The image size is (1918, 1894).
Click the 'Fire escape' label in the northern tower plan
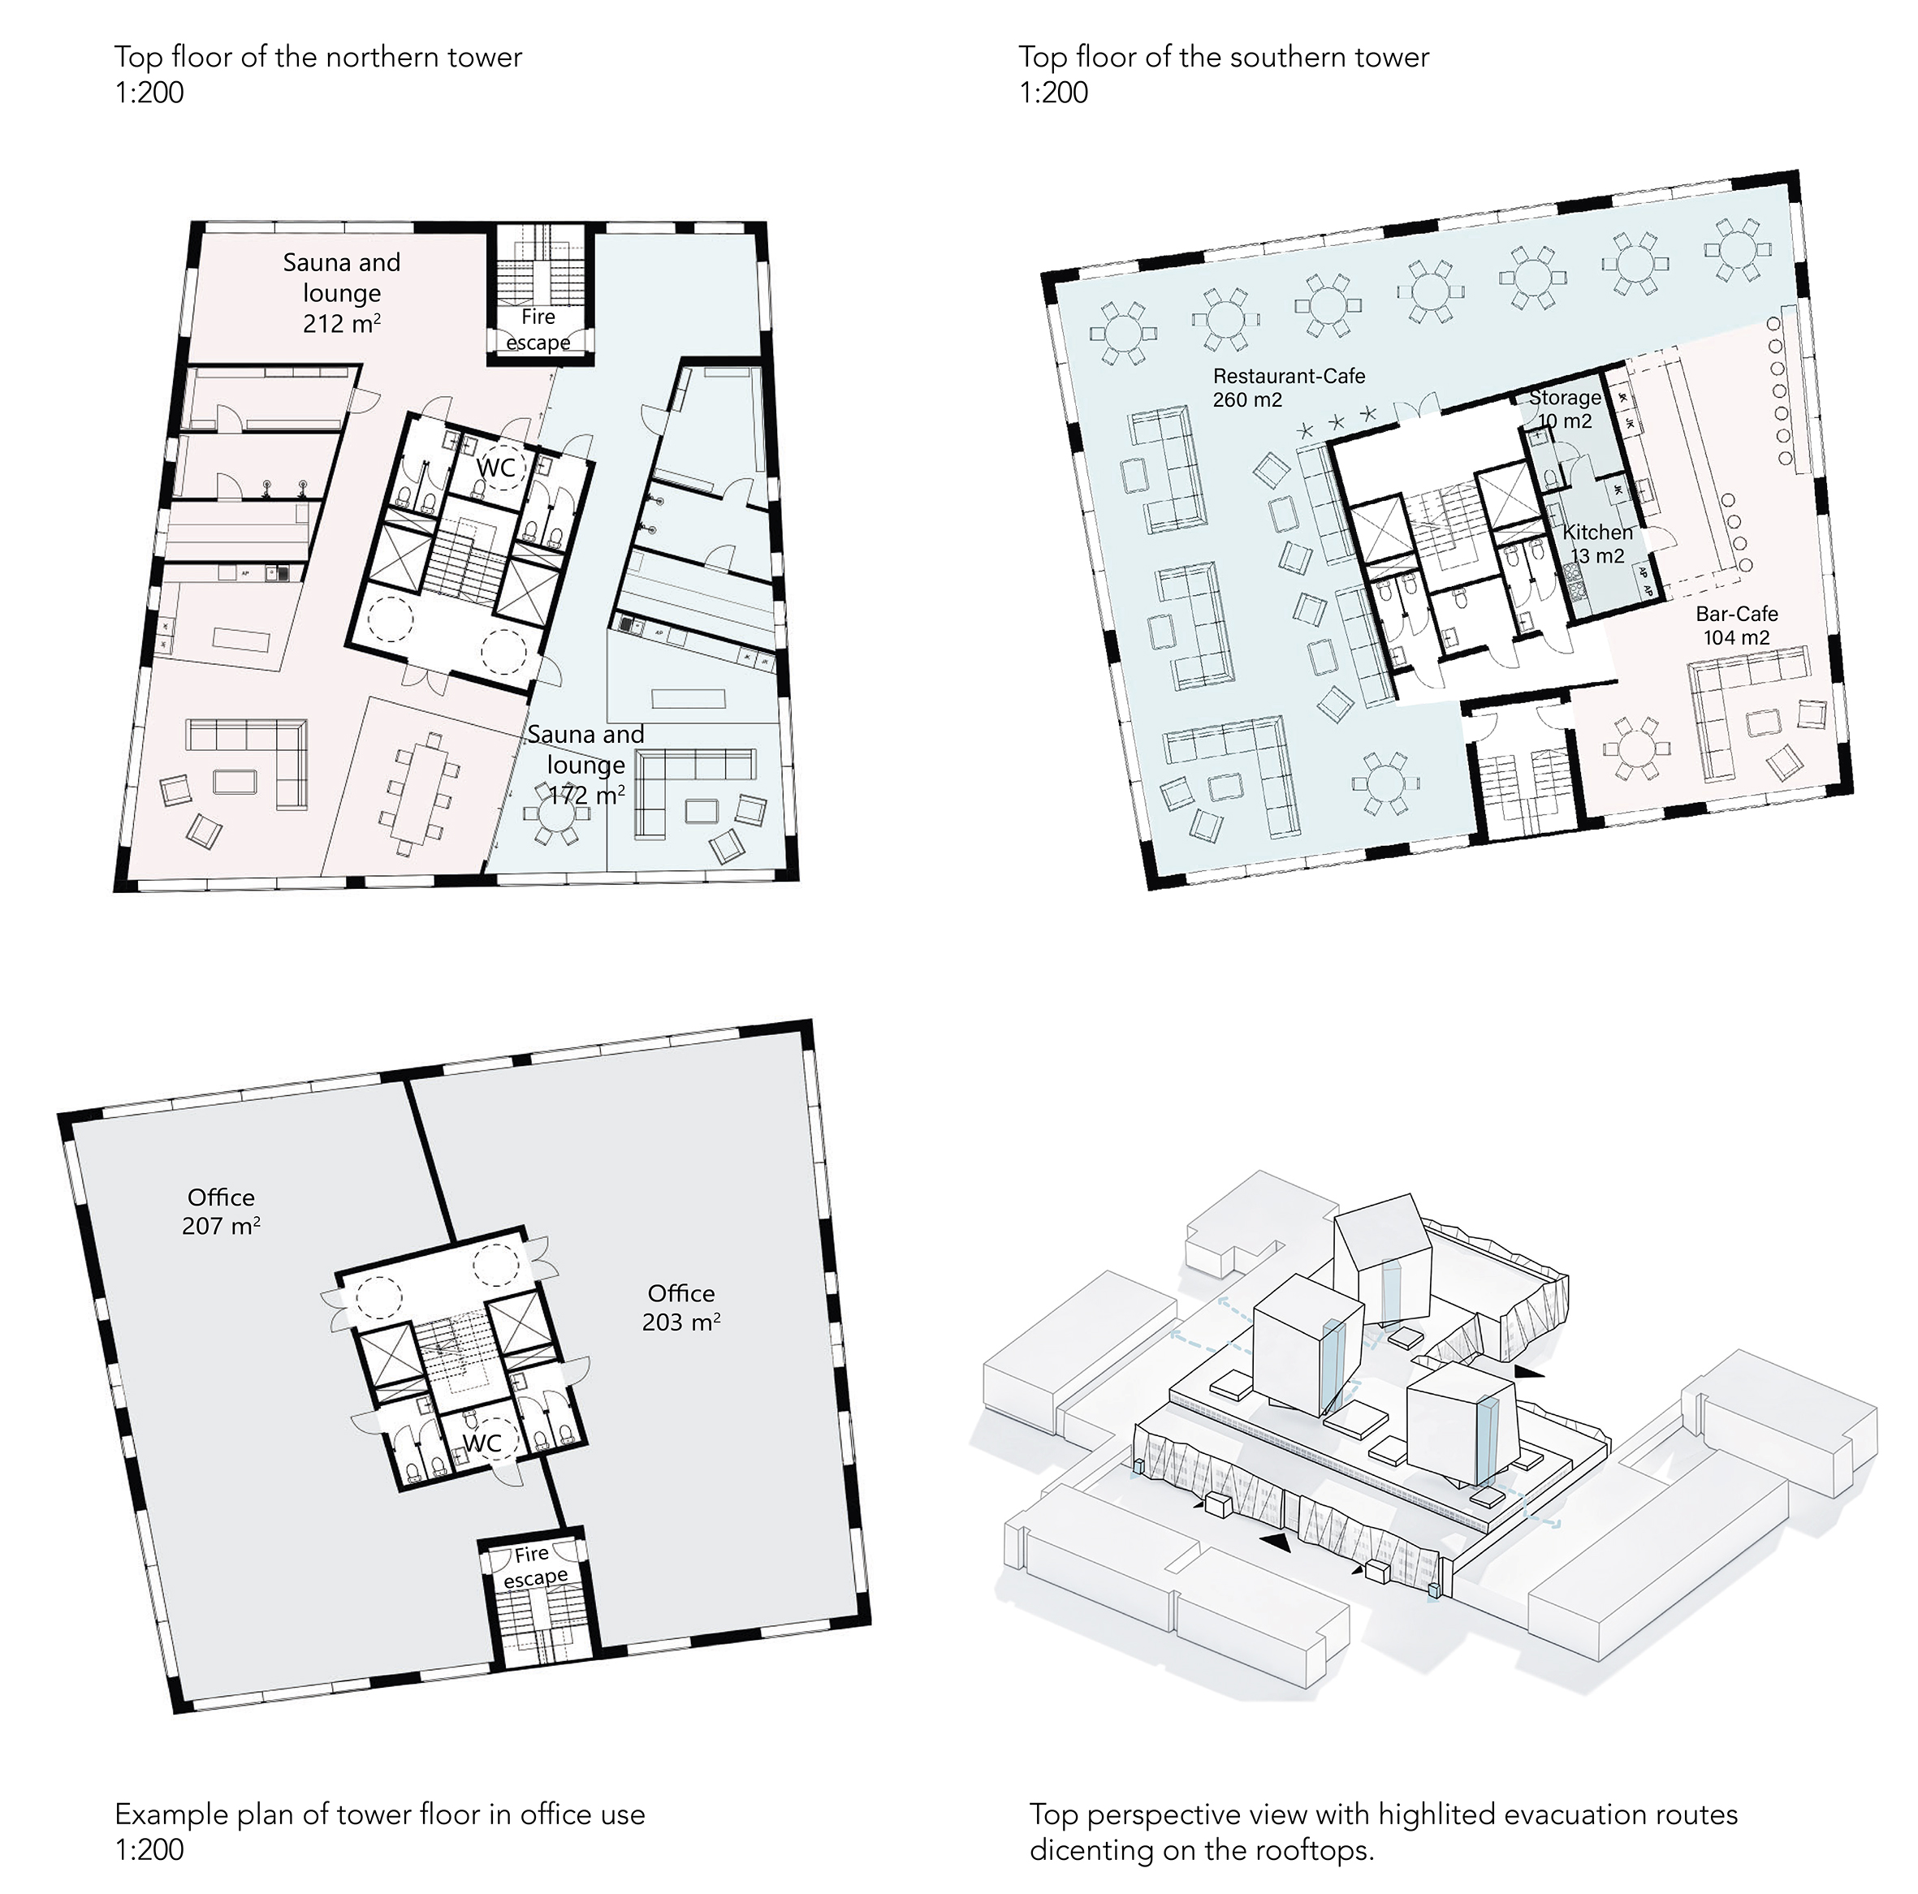pos(538,330)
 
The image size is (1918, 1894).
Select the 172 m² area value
pos(587,795)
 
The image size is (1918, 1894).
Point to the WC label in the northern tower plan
pos(496,467)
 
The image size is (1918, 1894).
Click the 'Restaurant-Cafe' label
pos(1289,376)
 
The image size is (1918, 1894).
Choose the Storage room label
pos(1565,397)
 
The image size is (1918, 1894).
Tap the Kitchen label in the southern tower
pos(1597,532)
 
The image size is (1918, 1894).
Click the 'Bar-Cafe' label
pos(1736,614)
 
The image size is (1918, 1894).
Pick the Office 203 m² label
pos(681,1307)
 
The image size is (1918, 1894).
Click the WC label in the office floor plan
pos(482,1443)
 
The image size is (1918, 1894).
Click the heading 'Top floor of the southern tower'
pos(1224,57)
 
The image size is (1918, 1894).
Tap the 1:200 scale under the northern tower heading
pos(149,93)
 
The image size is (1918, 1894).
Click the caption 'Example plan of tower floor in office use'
pos(380,1814)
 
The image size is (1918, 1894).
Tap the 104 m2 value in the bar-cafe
pos(1736,638)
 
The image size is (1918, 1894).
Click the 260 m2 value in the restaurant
pos(1248,400)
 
